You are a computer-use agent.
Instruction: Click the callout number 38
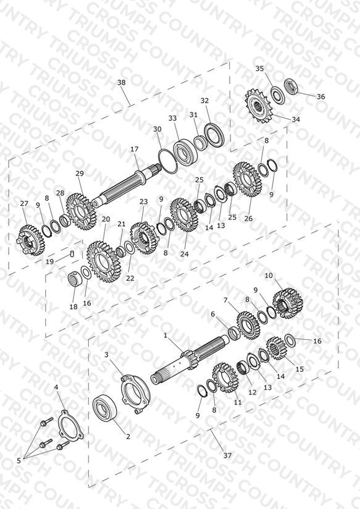coord(122,82)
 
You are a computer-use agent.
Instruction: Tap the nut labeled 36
coord(291,86)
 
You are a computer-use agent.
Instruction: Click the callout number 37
coord(228,455)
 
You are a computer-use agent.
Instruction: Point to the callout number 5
coord(19,460)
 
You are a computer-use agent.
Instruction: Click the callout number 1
coord(165,335)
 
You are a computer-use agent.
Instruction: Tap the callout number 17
coord(135,149)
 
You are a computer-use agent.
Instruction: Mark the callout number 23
coord(143,201)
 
